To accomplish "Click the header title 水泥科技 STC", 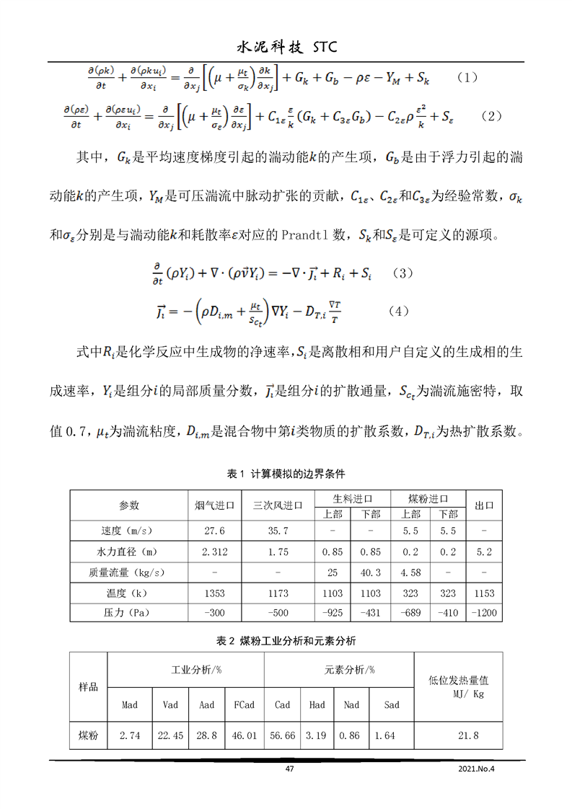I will (286, 47).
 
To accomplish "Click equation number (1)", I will (468, 77).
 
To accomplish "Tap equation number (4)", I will (398, 311).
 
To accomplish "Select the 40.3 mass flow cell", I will (370, 573).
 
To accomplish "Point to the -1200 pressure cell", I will (485, 613).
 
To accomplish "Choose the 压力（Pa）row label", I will (128, 613).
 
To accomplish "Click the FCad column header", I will (245, 704).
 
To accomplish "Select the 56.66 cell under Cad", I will (282, 736).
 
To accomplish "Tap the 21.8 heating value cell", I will (467, 736).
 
